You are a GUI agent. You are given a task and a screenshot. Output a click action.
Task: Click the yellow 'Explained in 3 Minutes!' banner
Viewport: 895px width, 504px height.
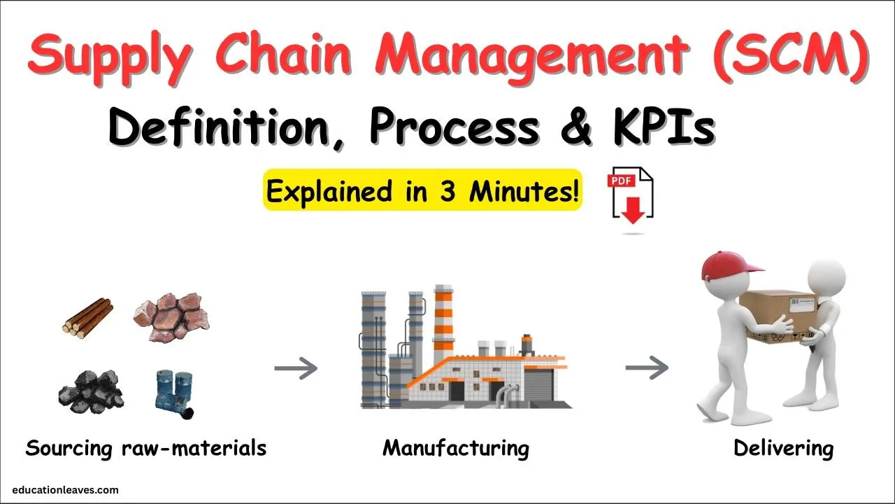point(423,190)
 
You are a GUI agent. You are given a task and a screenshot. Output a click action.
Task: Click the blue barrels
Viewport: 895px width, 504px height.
point(175,393)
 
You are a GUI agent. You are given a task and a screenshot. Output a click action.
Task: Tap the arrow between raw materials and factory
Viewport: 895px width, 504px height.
point(296,368)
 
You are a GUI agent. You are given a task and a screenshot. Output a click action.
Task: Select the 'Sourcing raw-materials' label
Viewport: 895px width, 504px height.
point(146,448)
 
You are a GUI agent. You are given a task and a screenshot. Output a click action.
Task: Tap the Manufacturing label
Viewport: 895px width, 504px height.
point(455,448)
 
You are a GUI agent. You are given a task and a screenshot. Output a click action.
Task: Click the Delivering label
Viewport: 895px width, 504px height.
point(783,448)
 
